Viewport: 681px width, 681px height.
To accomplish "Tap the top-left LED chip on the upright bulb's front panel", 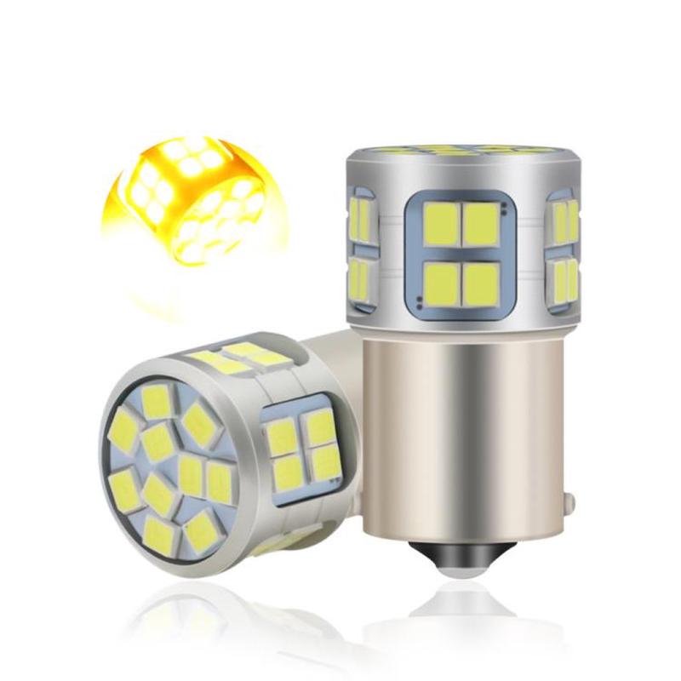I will click(x=441, y=223).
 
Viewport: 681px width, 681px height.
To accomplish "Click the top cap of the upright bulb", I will click(x=460, y=152).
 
